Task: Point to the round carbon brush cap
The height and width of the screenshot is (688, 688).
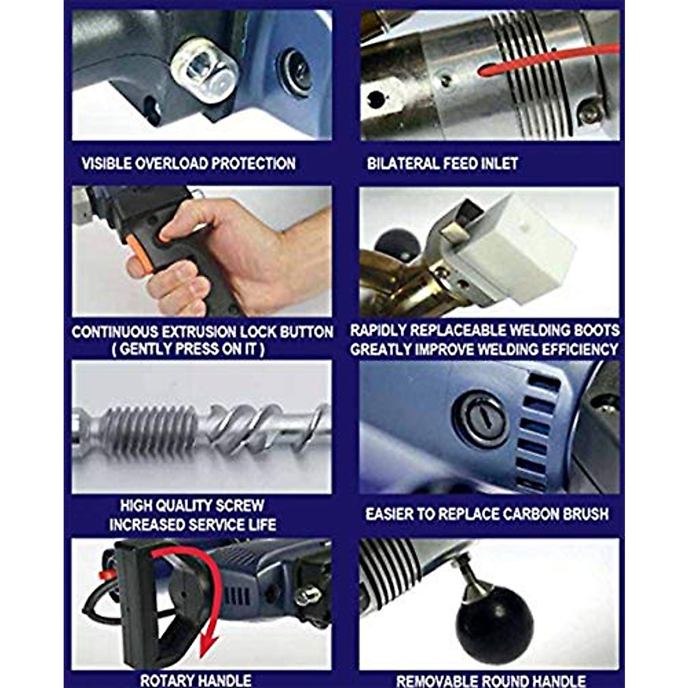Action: tap(480, 419)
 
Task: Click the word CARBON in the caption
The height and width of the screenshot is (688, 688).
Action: tap(518, 514)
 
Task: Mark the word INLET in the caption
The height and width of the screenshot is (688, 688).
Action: tap(497, 163)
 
